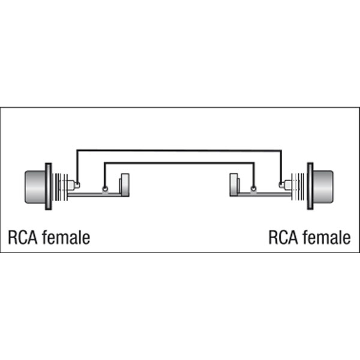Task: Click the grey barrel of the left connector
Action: pyautogui.click(x=35, y=187)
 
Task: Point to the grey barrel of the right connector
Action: pyautogui.click(x=323, y=187)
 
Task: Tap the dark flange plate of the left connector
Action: pyautogui.click(x=49, y=186)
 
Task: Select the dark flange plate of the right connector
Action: pyautogui.click(x=310, y=186)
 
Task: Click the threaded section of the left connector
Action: pyautogui.click(x=60, y=187)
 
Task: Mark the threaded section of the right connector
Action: pyautogui.click(x=298, y=187)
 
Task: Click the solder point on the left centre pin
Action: pyautogui.click(x=78, y=184)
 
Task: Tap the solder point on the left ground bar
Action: pyautogui.click(x=105, y=189)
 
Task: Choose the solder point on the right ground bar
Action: pyautogui.click(x=253, y=189)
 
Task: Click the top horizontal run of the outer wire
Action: pyautogui.click(x=179, y=150)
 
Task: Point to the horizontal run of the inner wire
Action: pyautogui.click(x=179, y=163)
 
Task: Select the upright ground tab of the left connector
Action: pyautogui.click(x=124, y=185)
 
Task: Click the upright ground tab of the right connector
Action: pyautogui.click(x=234, y=185)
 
